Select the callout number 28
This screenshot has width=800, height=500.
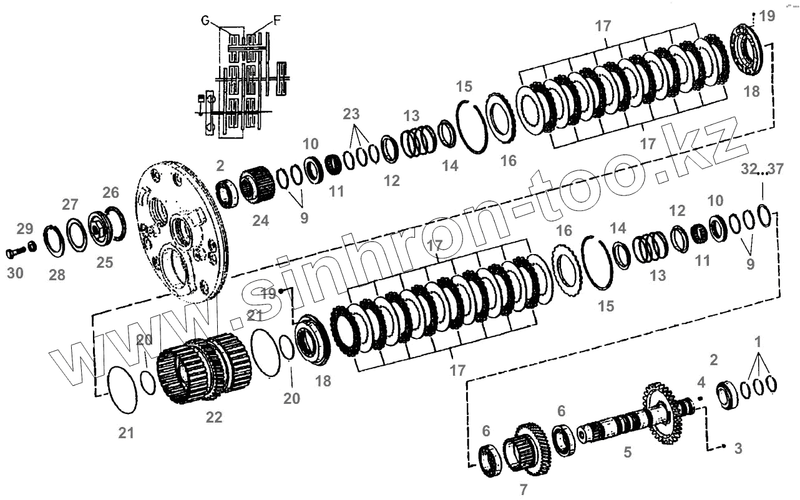tap(57, 275)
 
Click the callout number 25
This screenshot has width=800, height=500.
tap(105, 262)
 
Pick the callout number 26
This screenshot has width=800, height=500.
tap(110, 191)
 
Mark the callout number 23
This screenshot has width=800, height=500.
tap(351, 114)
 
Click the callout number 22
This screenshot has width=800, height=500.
tap(214, 418)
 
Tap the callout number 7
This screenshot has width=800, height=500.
tap(524, 489)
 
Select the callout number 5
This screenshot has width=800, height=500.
tap(628, 452)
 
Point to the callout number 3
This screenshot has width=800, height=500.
tap(738, 448)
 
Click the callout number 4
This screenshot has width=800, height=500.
tap(701, 381)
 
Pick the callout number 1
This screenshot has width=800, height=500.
tap(758, 341)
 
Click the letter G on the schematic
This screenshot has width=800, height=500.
tap(205, 21)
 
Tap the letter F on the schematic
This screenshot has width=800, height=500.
tap(277, 21)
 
